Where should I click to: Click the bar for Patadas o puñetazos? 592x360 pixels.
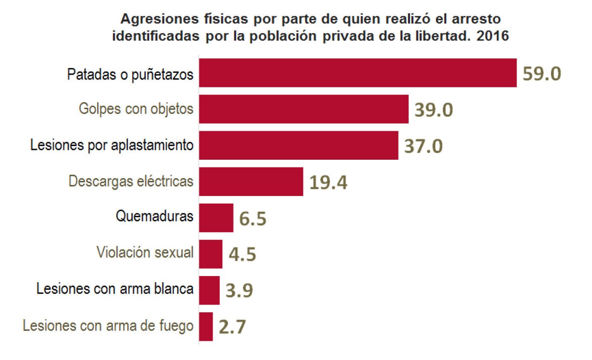click(358, 73)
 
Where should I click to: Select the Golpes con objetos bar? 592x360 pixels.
click(304, 109)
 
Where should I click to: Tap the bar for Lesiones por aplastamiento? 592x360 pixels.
click(299, 145)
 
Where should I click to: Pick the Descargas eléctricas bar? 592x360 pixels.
click(251, 181)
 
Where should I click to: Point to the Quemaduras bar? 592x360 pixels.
click(217, 218)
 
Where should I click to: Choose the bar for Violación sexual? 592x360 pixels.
click(211, 254)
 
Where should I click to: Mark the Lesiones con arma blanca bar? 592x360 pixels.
click(210, 290)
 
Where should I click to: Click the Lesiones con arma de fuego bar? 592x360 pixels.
click(206, 326)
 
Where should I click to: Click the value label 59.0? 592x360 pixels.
click(542, 74)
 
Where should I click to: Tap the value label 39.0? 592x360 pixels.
click(433, 110)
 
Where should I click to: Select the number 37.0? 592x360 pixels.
click(423, 146)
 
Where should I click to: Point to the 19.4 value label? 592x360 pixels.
click(328, 182)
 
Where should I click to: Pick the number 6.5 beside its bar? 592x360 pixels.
click(253, 219)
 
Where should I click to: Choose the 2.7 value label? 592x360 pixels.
click(232, 327)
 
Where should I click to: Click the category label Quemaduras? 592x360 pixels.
click(154, 216)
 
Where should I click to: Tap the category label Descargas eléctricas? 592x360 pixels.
click(131, 181)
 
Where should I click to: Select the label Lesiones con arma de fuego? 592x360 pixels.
click(108, 326)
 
